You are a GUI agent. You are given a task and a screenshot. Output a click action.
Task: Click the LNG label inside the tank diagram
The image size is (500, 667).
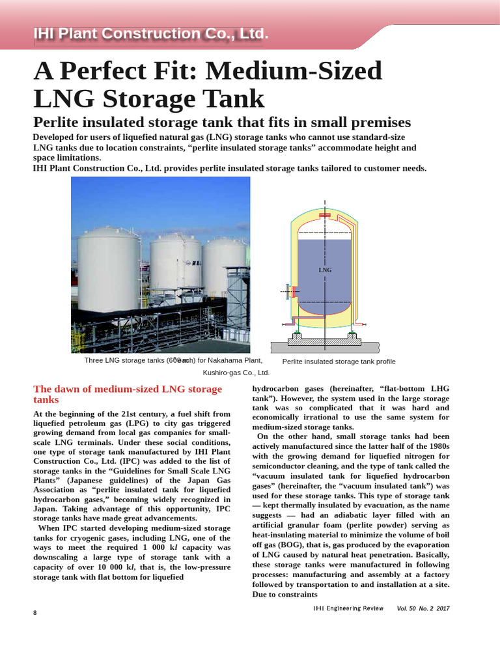[325, 270]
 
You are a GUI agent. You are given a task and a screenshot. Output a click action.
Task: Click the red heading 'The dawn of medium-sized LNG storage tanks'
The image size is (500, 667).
[128, 394]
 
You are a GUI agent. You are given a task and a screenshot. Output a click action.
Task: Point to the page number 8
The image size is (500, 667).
[35, 613]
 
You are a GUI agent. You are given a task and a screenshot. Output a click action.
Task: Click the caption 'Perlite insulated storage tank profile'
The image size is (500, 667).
[339, 362]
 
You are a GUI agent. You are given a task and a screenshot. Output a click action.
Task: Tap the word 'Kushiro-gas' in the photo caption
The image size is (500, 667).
[222, 373]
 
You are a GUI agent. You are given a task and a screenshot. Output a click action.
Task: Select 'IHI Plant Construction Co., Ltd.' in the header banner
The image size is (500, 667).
[151, 35]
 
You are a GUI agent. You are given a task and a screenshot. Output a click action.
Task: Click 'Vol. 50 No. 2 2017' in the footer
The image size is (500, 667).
[423, 608]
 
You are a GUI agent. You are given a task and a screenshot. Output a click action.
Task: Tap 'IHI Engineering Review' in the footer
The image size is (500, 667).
[348, 608]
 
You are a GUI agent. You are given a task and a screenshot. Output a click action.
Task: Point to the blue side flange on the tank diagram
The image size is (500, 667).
[287, 291]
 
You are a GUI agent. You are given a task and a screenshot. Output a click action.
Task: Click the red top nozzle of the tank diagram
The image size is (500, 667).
[325, 216]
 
